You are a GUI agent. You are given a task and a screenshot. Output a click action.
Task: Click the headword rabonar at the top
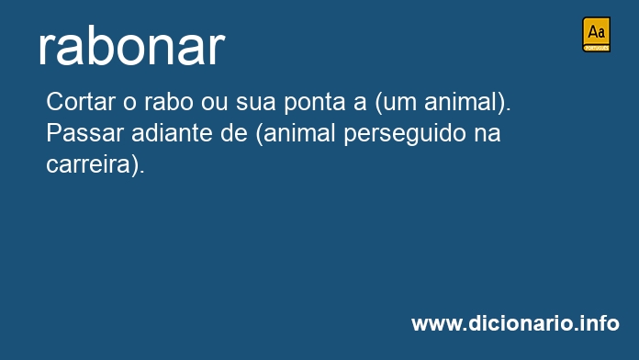point(131,47)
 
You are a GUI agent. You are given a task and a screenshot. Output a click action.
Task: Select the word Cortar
point(81,102)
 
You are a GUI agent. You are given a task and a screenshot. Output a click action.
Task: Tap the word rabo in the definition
point(168,102)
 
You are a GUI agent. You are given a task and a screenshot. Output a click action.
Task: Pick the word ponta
point(315,103)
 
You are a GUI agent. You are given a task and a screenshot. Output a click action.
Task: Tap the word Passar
point(84,133)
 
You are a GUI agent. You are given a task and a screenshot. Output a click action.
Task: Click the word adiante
point(172,133)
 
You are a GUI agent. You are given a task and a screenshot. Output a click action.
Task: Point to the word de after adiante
point(233,133)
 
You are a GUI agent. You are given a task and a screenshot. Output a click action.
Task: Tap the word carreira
point(87,164)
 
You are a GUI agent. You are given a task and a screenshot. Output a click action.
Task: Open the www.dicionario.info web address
point(515,323)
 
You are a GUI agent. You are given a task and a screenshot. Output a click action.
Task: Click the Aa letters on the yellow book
point(596,32)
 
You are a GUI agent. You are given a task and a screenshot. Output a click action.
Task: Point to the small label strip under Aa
point(596,49)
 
